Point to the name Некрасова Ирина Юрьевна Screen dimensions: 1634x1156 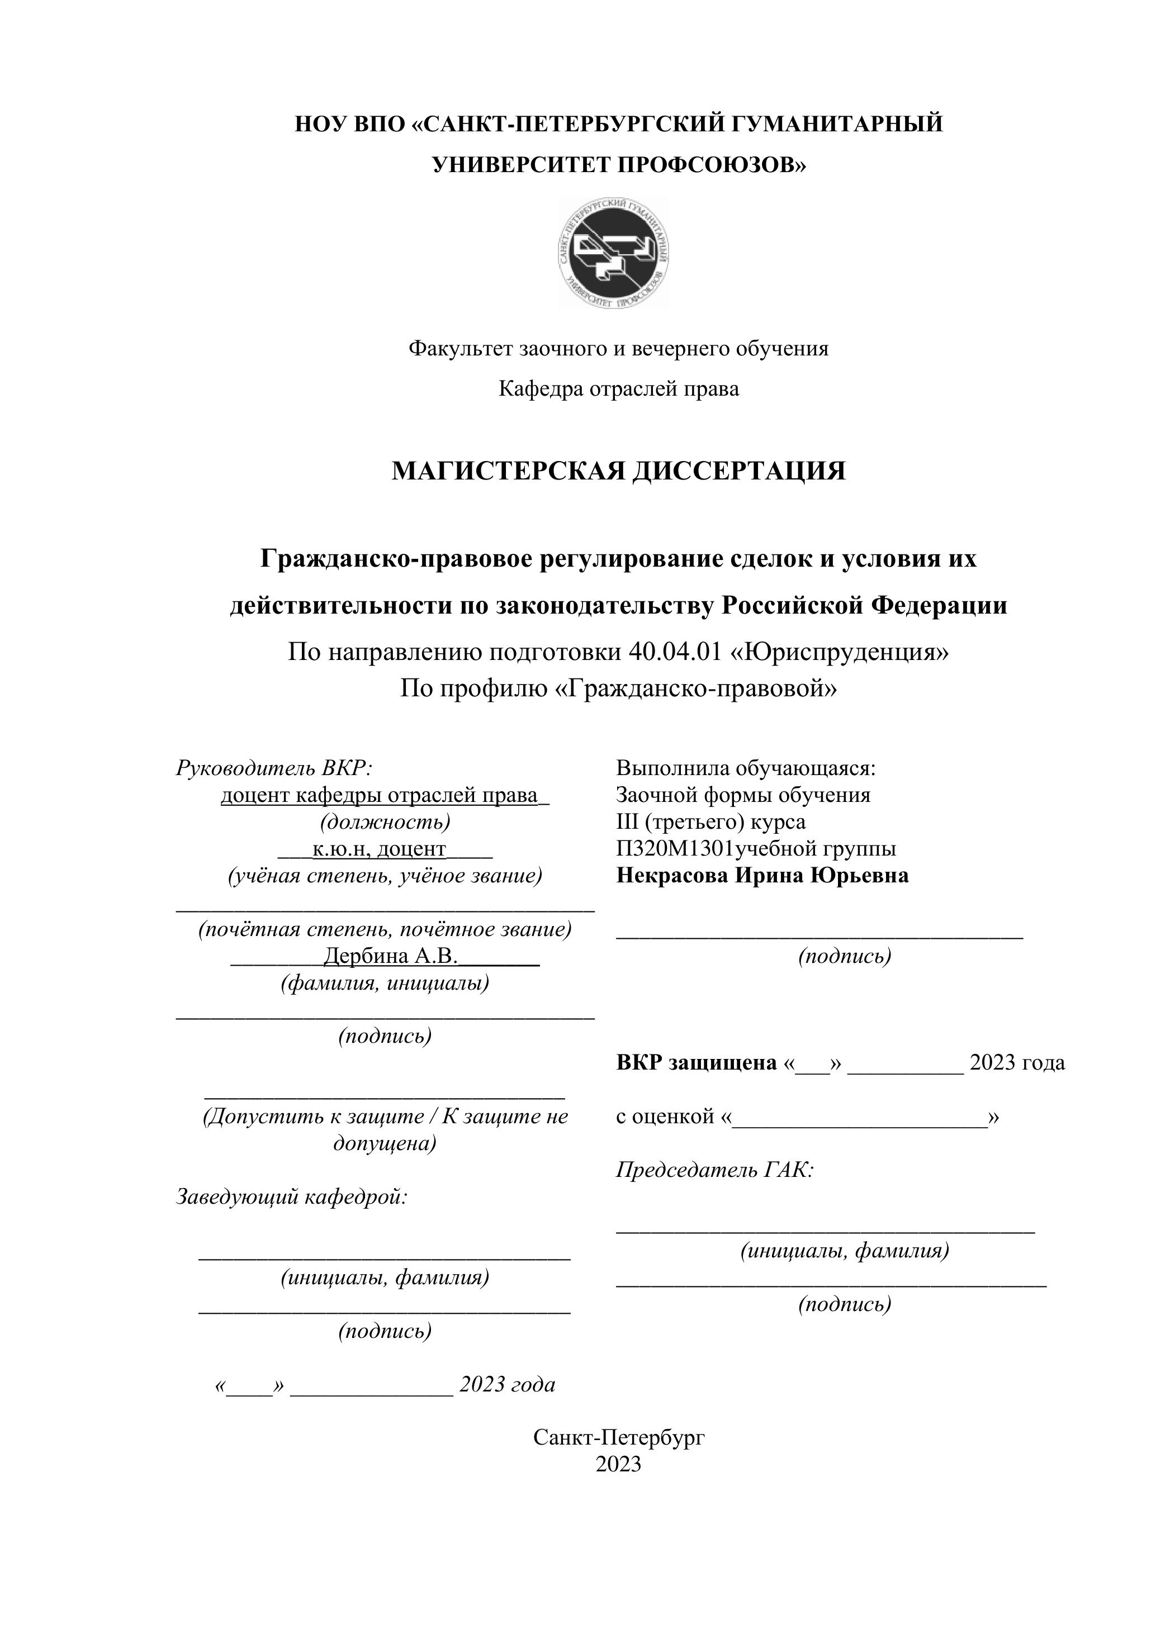[762, 875]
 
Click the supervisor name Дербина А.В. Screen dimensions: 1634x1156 [390, 956]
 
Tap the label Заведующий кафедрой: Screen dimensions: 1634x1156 [292, 1197]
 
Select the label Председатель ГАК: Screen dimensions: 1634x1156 [714, 1170]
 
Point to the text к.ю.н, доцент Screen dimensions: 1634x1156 [378, 849]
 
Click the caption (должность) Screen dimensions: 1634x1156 [385, 822]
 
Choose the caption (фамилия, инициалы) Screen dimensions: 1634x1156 [385, 983]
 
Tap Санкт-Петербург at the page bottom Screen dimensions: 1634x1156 [619, 1438]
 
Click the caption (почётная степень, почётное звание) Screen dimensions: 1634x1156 [385, 929]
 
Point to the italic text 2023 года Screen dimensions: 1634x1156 [507, 1384]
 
